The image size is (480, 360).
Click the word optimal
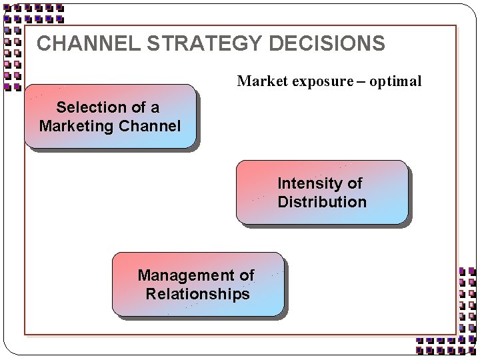[395, 81]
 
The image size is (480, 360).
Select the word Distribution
[322, 202]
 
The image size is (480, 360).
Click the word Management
[178, 275]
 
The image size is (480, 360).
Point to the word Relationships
[197, 294]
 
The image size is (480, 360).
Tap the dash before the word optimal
[361, 81]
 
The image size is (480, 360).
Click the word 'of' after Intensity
[355, 183]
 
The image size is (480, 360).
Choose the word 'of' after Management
[246, 275]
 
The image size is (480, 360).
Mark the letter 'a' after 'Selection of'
[155, 108]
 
